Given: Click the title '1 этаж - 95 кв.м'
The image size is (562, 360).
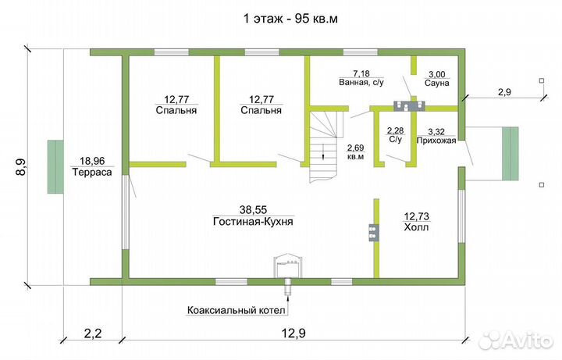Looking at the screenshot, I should click(x=281, y=17).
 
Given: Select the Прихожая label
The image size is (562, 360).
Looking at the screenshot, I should click(x=436, y=141).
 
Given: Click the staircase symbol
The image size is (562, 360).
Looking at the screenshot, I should click(x=323, y=144).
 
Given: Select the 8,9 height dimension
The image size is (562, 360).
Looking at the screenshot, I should click(x=20, y=167).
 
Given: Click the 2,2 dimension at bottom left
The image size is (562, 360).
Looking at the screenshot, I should click(x=92, y=333).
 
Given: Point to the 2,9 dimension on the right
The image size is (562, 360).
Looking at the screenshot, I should click(x=505, y=92).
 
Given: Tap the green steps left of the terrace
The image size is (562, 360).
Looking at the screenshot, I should click(x=55, y=166).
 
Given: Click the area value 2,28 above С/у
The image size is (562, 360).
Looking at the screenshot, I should click(x=396, y=130).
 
